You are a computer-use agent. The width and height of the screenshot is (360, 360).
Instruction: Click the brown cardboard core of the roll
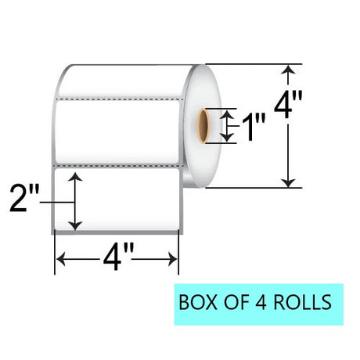point(203,126)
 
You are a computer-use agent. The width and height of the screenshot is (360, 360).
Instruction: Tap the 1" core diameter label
point(254,127)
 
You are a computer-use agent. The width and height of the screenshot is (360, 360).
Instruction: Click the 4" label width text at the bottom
point(118,257)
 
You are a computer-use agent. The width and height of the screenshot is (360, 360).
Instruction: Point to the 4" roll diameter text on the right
point(288,104)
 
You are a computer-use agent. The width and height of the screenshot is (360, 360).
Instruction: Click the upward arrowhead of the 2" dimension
point(75,176)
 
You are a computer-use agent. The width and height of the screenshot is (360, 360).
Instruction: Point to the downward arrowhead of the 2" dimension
point(75,226)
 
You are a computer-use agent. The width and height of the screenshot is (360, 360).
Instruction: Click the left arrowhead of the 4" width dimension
point(60,259)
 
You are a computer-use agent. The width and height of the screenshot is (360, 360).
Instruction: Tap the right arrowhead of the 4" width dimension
point(173,259)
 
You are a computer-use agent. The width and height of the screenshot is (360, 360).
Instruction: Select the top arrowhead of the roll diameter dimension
point(288,70)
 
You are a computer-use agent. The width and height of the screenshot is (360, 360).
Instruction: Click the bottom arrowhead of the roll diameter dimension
point(288,183)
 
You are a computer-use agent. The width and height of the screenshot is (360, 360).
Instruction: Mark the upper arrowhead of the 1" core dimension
point(226,113)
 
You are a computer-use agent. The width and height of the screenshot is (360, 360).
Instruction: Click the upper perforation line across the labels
point(120,99)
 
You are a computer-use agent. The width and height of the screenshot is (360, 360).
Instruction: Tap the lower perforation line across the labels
point(118,165)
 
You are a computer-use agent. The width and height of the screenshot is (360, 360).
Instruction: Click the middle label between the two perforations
point(117,132)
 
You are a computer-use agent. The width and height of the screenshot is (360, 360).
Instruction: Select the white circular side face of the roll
point(202,126)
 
